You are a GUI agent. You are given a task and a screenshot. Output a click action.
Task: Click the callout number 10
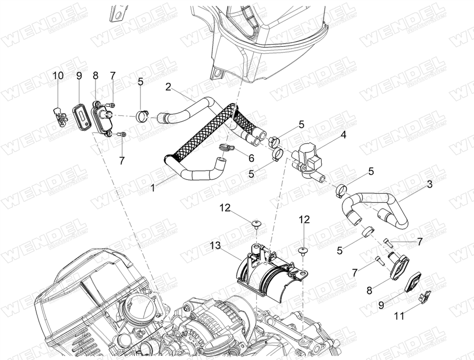click(x=58, y=76)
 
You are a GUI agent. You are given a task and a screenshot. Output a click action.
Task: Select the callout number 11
click(x=399, y=316)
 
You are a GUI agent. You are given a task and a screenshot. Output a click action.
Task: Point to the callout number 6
click(x=251, y=158)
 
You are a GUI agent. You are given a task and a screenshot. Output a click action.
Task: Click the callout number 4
click(x=343, y=135)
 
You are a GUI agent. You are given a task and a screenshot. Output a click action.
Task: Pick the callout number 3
click(x=430, y=184)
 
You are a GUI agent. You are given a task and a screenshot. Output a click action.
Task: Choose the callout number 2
click(x=168, y=87)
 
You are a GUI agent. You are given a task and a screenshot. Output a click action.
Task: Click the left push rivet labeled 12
click(x=256, y=224)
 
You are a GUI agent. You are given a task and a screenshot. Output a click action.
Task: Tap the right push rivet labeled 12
click(x=303, y=250)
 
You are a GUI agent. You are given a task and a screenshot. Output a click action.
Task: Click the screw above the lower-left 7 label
click(x=121, y=134)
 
